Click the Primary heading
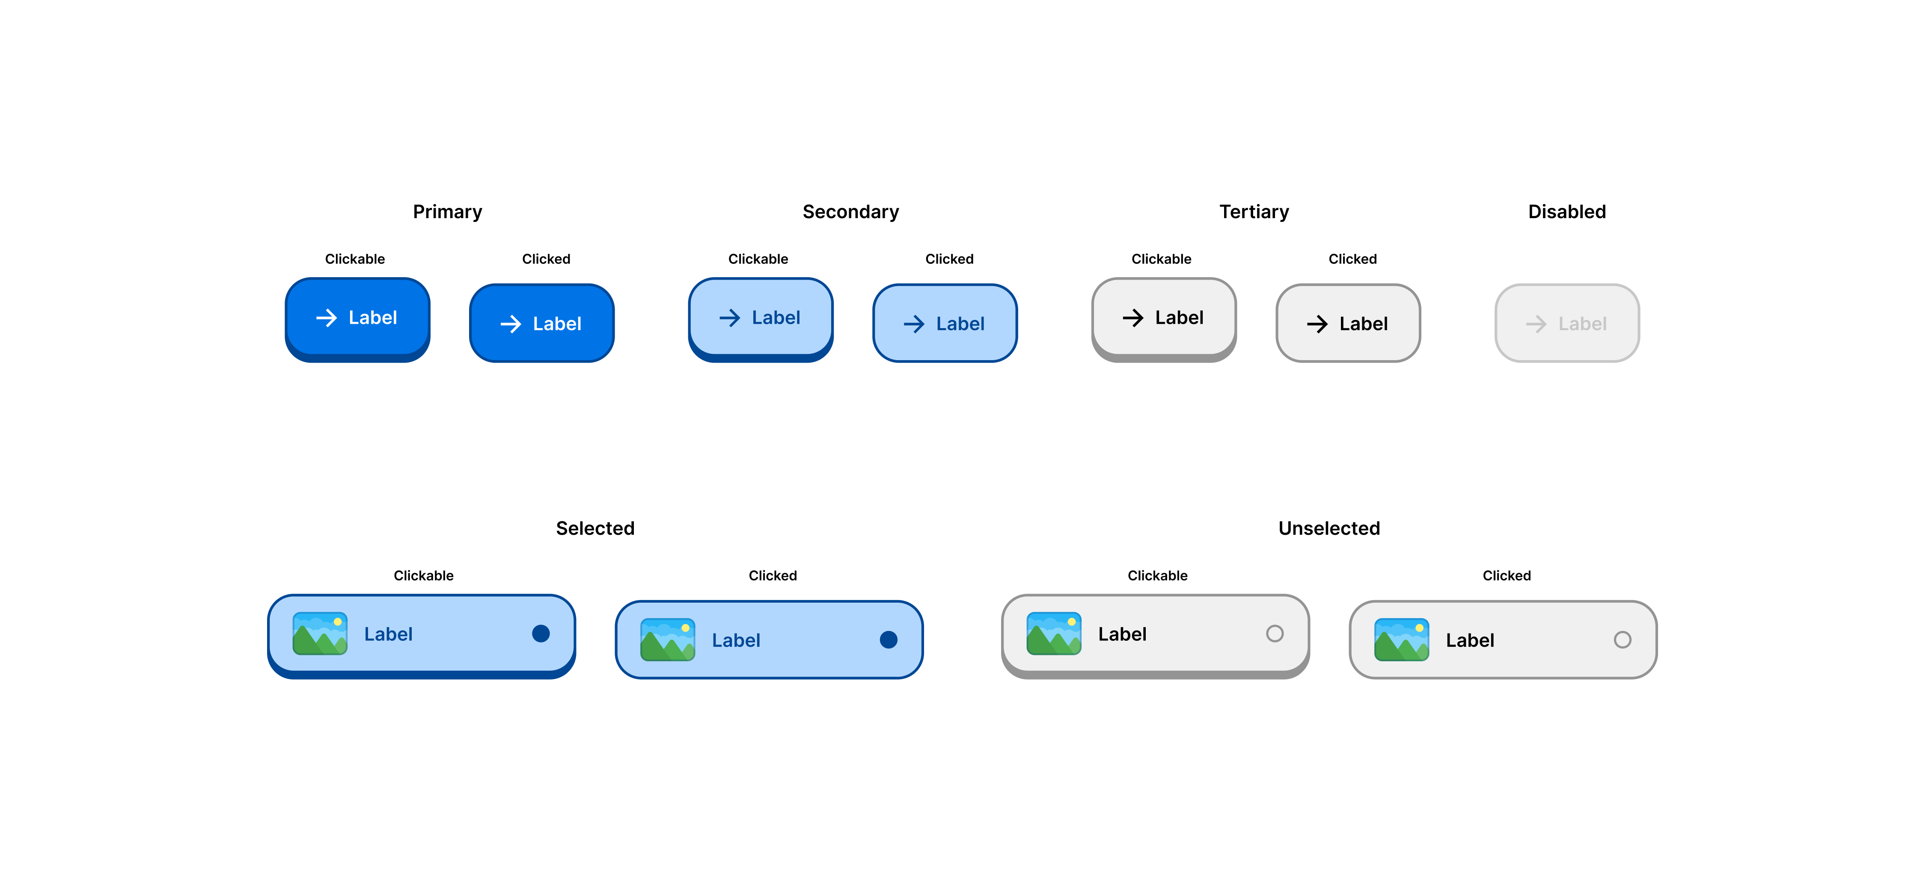tap(447, 212)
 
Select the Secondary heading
tap(850, 212)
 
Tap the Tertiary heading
tap(1254, 212)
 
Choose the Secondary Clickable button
tap(760, 318)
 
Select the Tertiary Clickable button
tap(1163, 318)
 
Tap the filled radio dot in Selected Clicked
tap(888, 640)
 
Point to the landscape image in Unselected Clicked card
tap(1401, 640)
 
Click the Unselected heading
tap(1329, 528)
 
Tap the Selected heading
tap(595, 528)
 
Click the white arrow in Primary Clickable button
tap(326, 318)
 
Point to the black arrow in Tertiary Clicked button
tap(1317, 324)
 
